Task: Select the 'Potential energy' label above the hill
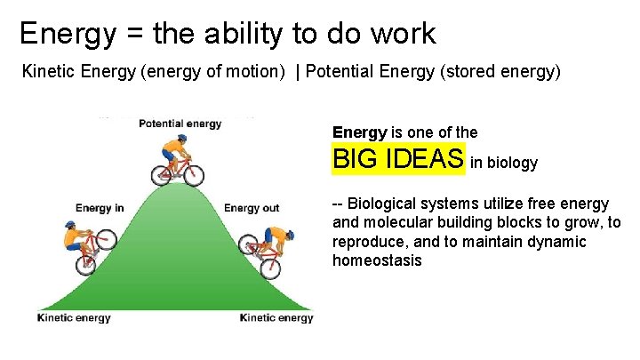(x=180, y=124)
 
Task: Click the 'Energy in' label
(x=100, y=208)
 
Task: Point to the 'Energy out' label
(x=252, y=208)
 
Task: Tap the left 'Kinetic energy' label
(x=74, y=317)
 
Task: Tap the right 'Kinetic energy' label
(x=276, y=317)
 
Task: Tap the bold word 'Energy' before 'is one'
(x=359, y=132)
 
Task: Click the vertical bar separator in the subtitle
(x=299, y=71)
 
